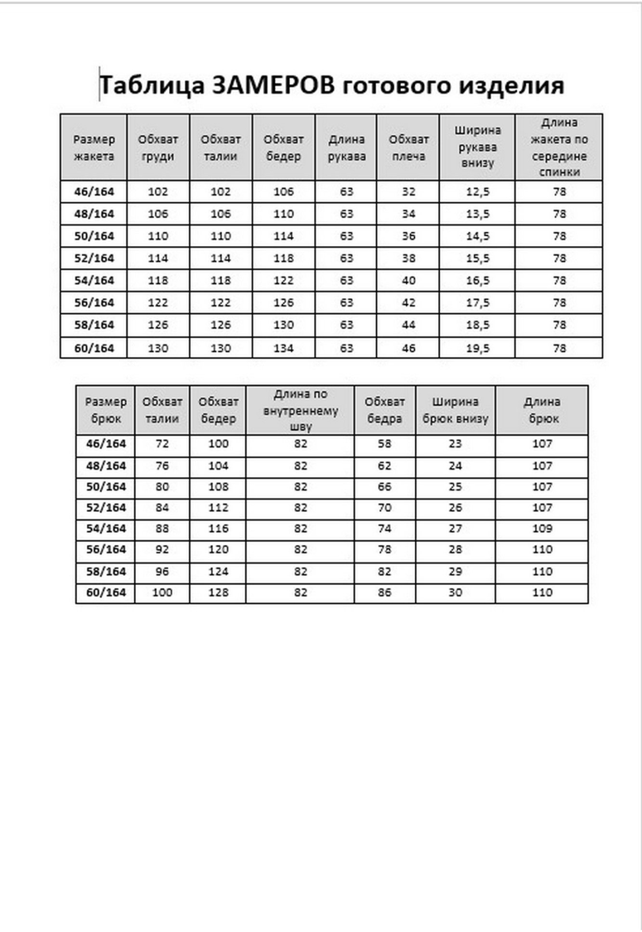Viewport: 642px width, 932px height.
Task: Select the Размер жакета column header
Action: click(94, 148)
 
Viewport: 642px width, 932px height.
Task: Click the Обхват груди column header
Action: click(158, 148)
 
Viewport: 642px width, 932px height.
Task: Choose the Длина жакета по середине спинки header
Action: click(559, 147)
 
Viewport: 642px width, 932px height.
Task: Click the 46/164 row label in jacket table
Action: click(94, 191)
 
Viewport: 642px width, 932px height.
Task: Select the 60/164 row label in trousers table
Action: click(106, 592)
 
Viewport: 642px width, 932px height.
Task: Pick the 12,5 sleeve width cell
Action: click(477, 191)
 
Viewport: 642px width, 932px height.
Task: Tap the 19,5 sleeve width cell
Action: click(477, 348)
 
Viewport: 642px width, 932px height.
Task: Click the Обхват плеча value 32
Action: click(409, 191)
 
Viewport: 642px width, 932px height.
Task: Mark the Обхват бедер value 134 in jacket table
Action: click(284, 348)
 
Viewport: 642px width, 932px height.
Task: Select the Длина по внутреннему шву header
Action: click(300, 410)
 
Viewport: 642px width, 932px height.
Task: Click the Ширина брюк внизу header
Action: click(455, 410)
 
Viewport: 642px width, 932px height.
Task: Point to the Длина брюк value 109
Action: click(542, 528)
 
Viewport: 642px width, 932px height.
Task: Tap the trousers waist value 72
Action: click(162, 444)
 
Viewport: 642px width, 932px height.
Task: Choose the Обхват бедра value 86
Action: click(385, 592)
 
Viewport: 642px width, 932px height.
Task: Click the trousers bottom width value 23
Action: click(455, 444)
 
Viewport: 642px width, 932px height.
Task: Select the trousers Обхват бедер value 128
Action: click(218, 592)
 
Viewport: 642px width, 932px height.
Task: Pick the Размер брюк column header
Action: click(106, 410)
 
